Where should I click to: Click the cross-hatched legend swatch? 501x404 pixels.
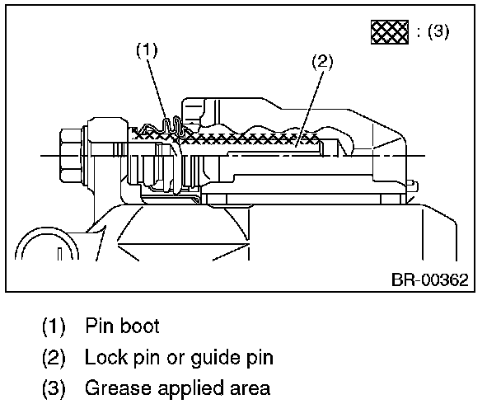coord(389,33)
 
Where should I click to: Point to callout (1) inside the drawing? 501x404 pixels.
coord(147,49)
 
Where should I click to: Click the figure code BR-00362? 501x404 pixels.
coord(428,280)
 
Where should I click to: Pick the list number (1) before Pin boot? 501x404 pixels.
coord(55,326)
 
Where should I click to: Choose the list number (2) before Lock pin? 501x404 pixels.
coord(55,357)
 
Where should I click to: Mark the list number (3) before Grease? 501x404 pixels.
coord(55,388)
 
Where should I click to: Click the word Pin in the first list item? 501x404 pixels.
coord(99,326)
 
